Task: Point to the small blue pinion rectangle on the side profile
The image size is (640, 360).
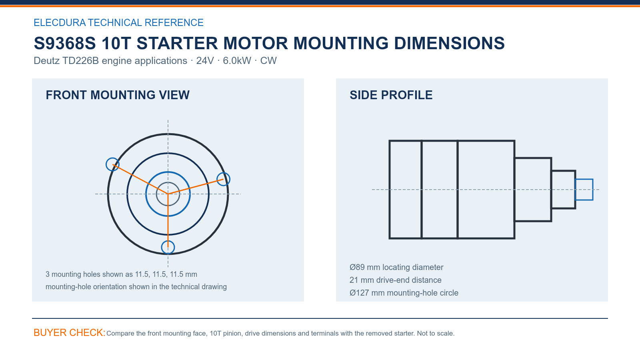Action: tap(584, 180)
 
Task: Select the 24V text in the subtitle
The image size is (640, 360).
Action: tap(204, 60)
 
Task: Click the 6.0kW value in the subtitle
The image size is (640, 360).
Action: tap(237, 60)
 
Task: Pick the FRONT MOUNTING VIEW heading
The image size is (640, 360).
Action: tap(118, 95)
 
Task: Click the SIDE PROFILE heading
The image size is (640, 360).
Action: tap(391, 95)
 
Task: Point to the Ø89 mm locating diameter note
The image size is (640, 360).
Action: tap(396, 267)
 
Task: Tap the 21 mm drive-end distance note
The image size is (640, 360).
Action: tap(396, 280)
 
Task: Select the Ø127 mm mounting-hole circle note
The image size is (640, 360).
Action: tap(404, 293)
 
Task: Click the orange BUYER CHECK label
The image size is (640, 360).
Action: tap(70, 332)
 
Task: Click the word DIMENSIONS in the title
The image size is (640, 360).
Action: tap(449, 43)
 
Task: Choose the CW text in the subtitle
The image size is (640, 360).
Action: tap(268, 60)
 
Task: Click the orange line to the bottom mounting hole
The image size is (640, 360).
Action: tap(168, 220)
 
